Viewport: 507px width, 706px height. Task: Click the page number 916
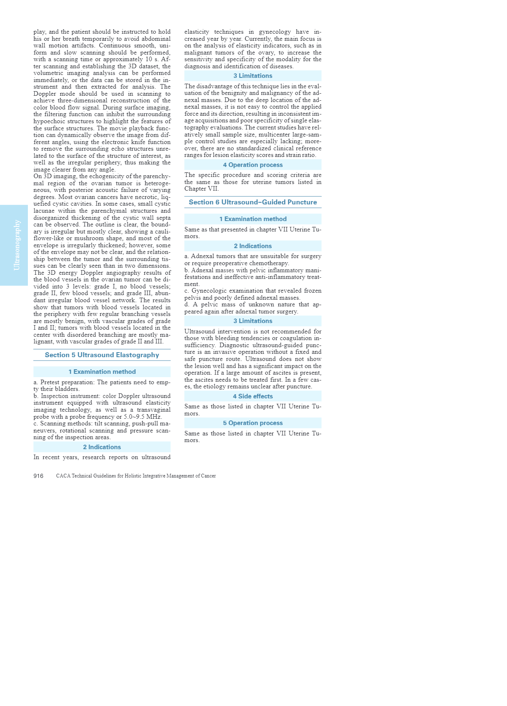(x=38, y=476)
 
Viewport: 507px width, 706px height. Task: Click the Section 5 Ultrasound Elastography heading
(x=102, y=355)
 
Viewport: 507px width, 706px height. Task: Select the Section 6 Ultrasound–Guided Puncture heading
(x=253, y=202)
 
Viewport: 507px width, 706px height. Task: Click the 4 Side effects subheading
(x=253, y=396)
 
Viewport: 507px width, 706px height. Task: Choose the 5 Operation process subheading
(x=253, y=423)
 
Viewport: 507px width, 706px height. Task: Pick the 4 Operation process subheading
(x=253, y=165)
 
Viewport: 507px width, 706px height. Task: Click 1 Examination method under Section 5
(x=102, y=372)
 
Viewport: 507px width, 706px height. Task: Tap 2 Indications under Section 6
(x=253, y=246)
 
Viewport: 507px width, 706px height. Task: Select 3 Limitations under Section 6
(x=253, y=321)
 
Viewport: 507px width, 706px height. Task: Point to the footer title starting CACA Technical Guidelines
(x=136, y=476)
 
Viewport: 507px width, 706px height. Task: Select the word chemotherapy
(x=271, y=264)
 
